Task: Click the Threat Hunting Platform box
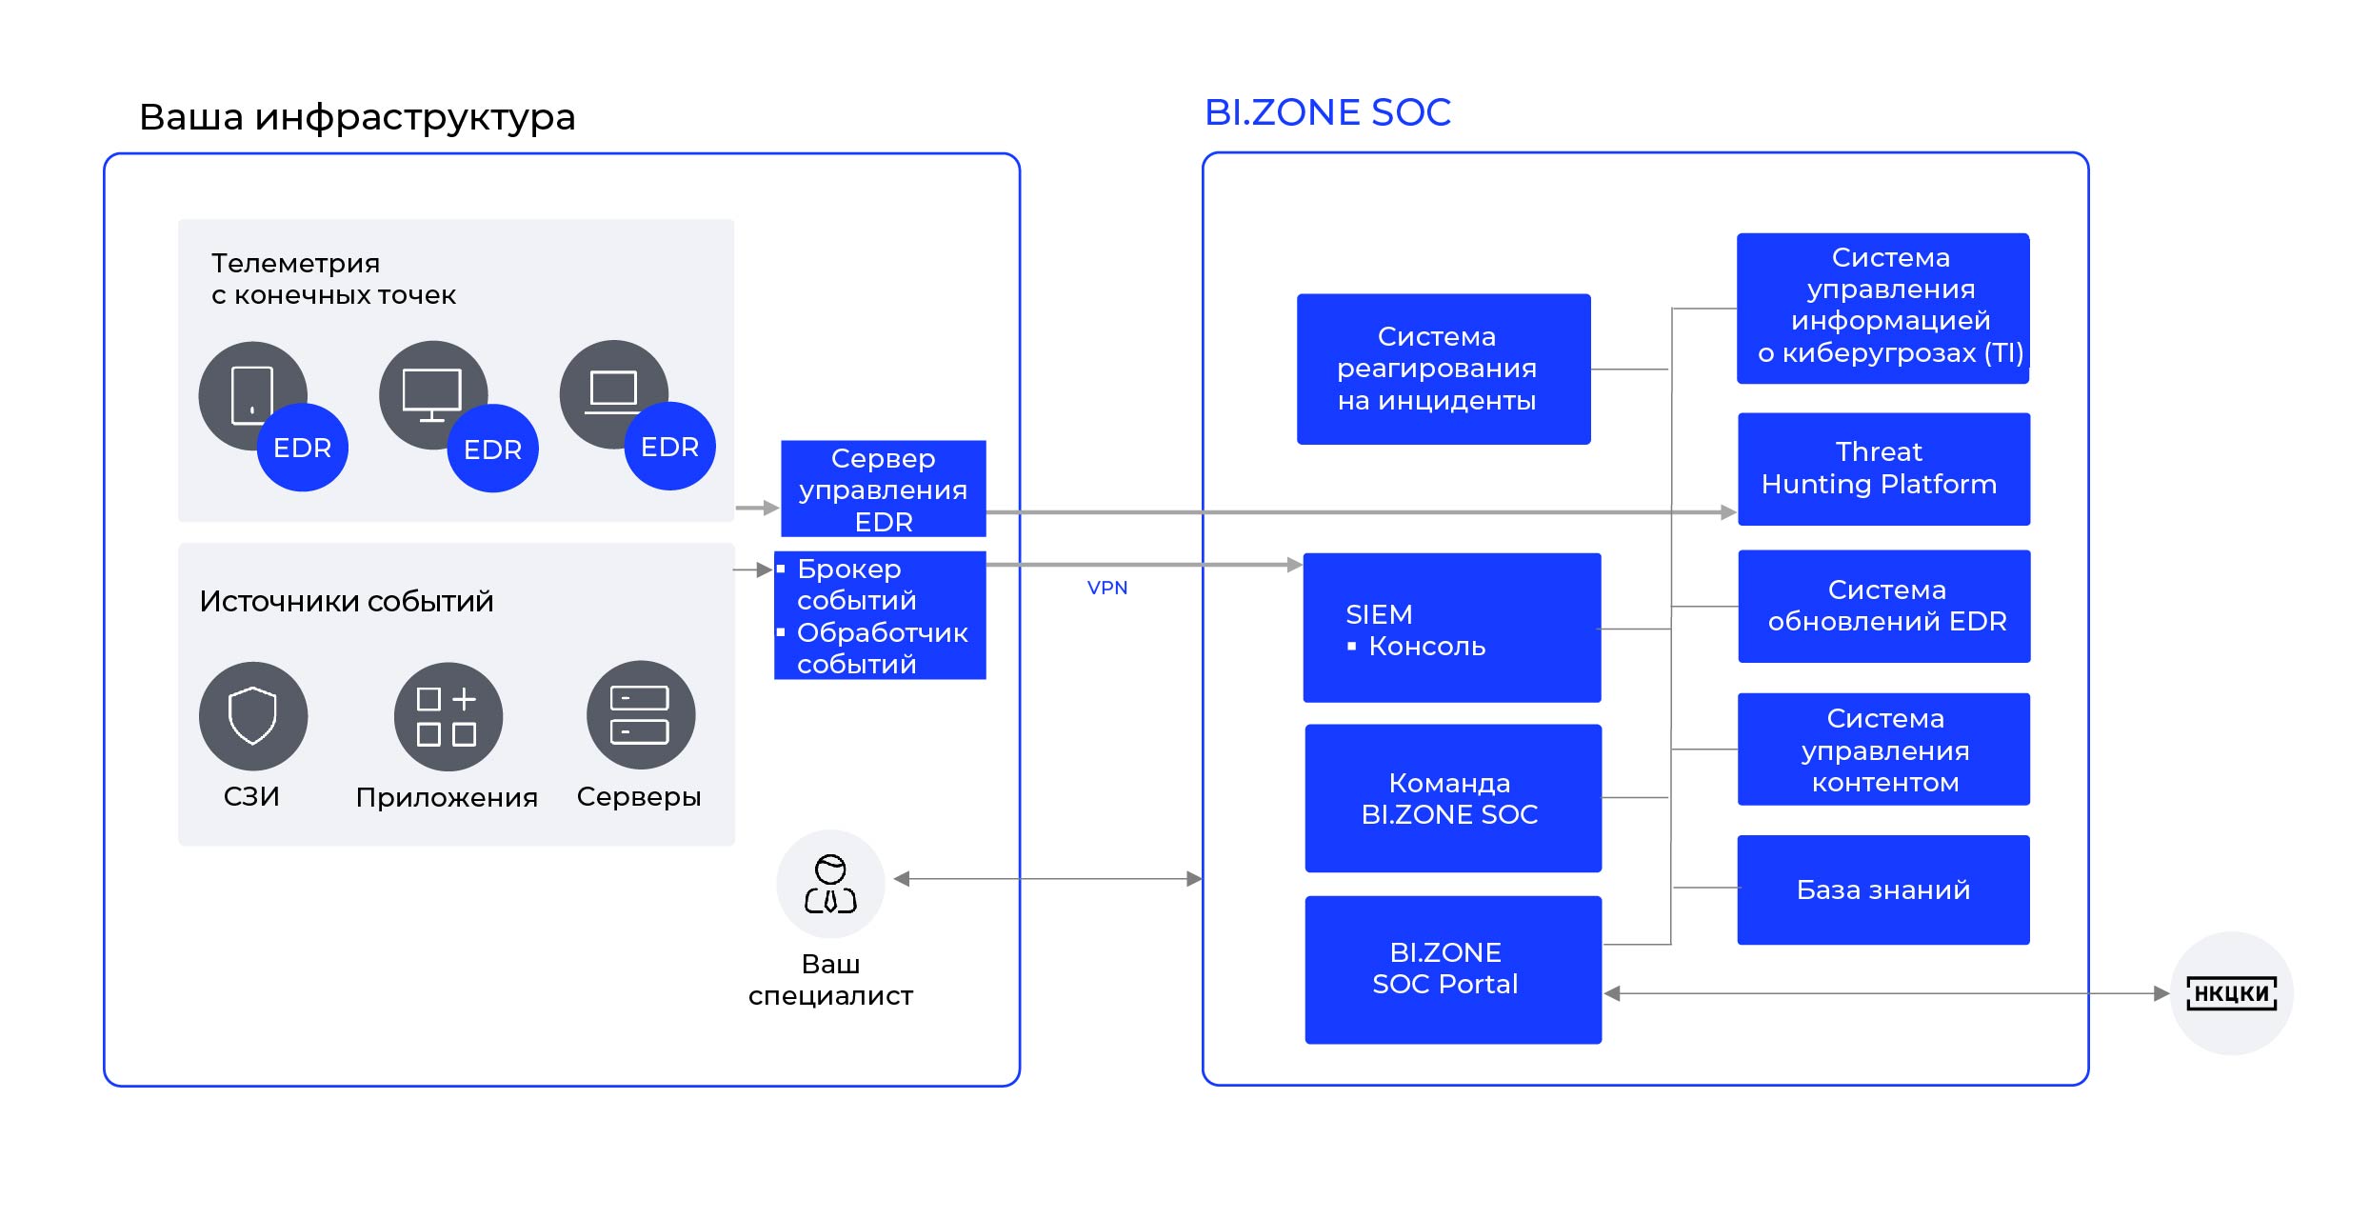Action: pos(1883,469)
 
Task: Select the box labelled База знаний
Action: pos(1882,889)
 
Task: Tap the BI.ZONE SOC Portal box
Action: pos(1452,969)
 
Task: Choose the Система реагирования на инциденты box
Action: pos(1443,369)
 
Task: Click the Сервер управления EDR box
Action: pos(883,489)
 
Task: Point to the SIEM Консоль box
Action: pos(1451,628)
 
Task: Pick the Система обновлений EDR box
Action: pos(1883,606)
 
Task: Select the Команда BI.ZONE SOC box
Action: pos(1452,798)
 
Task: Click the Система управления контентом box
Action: pos(1882,749)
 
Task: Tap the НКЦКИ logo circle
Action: pos(2231,993)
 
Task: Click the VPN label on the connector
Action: pos(1106,588)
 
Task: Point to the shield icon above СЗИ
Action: pos(252,715)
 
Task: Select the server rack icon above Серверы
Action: pos(640,715)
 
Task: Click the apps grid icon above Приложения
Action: pos(448,716)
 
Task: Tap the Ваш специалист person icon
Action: pos(830,884)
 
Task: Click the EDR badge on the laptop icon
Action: pos(669,447)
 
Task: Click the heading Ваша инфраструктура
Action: pos(357,117)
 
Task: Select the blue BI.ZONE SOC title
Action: pos(1327,112)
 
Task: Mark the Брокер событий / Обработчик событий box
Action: pos(880,615)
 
